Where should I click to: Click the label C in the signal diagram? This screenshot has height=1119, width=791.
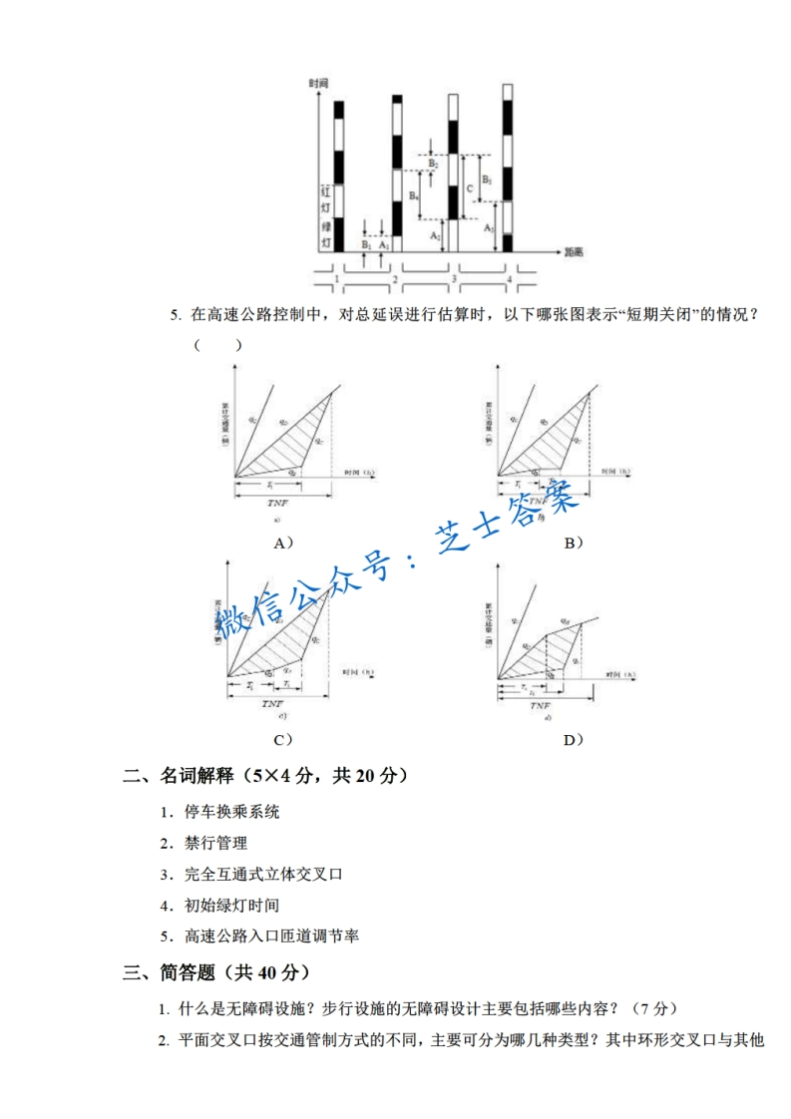470,186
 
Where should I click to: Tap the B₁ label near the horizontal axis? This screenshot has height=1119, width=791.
366,243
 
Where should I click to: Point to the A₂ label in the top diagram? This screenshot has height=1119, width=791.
435,235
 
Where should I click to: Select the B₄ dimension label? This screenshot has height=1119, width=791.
413,196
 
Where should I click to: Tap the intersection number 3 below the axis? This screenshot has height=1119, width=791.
454,280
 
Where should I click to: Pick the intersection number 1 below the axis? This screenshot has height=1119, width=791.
337,280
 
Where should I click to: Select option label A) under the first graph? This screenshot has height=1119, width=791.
283,543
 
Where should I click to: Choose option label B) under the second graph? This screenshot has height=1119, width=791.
573,543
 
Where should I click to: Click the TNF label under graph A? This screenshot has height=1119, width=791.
277,505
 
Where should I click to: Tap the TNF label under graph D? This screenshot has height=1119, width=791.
545,702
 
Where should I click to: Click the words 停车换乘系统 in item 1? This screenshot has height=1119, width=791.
231,811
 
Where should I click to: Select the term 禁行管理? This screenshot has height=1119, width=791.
215,843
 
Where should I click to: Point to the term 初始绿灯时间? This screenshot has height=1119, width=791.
231,906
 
